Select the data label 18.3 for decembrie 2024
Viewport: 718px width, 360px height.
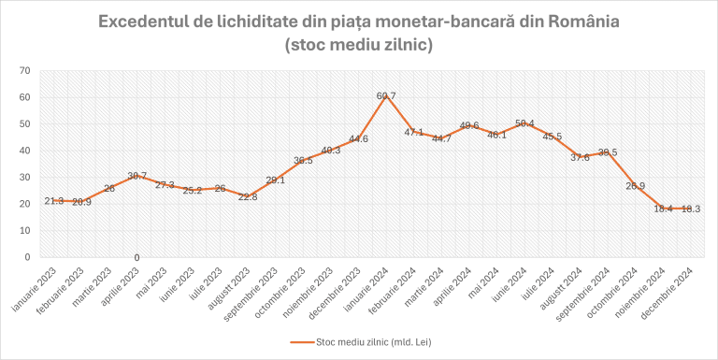coord(690,209)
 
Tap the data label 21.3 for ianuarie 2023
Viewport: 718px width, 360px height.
coord(53,201)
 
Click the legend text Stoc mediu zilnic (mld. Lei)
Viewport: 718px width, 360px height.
coord(379,342)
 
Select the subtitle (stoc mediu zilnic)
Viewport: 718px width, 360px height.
coord(358,44)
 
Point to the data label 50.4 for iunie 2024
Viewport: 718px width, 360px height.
coord(524,123)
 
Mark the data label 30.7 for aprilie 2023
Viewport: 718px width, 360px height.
coord(137,176)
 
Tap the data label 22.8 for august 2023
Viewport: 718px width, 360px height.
coord(248,196)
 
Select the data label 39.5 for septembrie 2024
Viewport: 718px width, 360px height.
coord(608,152)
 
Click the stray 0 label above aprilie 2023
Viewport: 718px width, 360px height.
coord(137,257)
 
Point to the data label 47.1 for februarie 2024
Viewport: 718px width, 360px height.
coord(414,132)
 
